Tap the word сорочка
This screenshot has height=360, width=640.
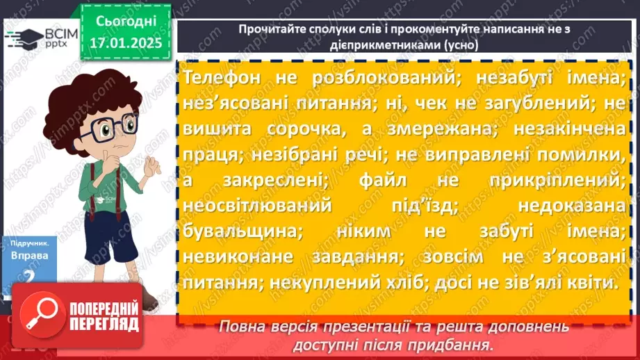click(x=293, y=129)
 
